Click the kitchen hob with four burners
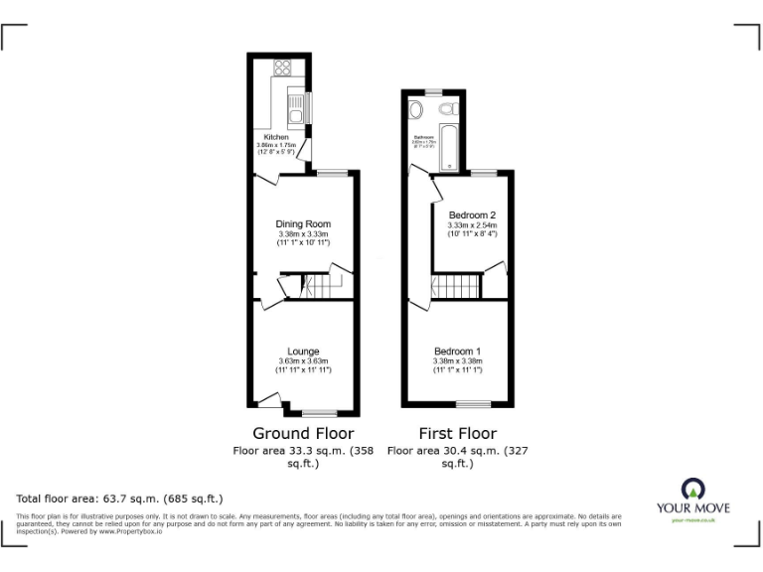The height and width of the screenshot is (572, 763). point(283,69)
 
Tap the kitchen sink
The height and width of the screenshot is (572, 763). point(295,103)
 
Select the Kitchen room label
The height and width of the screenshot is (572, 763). point(275,137)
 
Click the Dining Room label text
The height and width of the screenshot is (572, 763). point(303,223)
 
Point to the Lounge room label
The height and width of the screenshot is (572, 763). point(303,351)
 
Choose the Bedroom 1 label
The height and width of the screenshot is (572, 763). point(458,351)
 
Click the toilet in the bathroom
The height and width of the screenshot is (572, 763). point(448,108)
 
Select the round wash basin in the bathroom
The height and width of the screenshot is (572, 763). point(413,108)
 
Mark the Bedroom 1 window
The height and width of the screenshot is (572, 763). point(473,404)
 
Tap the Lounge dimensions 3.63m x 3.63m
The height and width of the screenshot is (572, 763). point(303,360)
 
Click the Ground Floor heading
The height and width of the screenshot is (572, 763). point(303,433)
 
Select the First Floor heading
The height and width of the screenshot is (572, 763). point(456,433)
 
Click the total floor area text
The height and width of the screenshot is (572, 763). point(119,498)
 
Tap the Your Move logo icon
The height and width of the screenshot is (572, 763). point(691,489)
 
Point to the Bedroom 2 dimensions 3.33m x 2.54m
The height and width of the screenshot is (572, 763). point(472,225)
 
